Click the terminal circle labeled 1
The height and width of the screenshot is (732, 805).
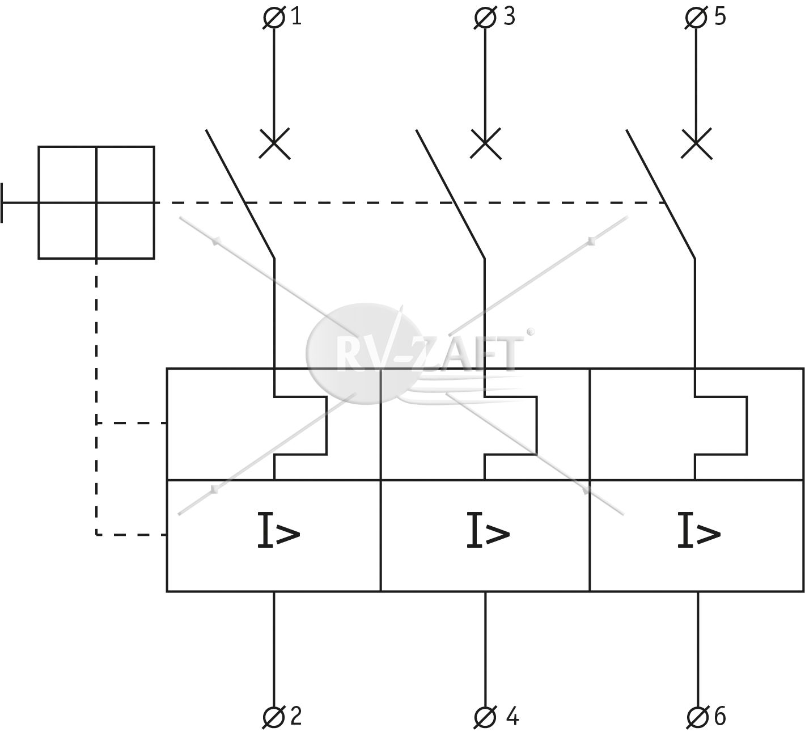coord(274,18)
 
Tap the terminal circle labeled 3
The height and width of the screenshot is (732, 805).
coord(485,18)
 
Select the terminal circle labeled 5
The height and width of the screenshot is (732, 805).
coord(696,18)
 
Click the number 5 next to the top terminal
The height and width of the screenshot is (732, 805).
coord(721,17)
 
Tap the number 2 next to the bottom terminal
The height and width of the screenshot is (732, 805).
coord(296,716)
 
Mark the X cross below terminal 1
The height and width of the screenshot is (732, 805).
coord(274,143)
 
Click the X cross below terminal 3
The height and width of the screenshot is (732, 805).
coord(486,143)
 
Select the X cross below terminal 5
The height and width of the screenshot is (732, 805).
coord(697,143)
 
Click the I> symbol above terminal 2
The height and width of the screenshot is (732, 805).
coord(278,530)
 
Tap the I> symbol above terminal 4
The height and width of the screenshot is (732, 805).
coord(488,530)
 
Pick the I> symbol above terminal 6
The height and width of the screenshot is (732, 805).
coord(698,530)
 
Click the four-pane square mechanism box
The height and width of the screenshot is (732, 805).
coord(96,203)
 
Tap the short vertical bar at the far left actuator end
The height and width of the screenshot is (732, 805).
coord(2,203)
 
